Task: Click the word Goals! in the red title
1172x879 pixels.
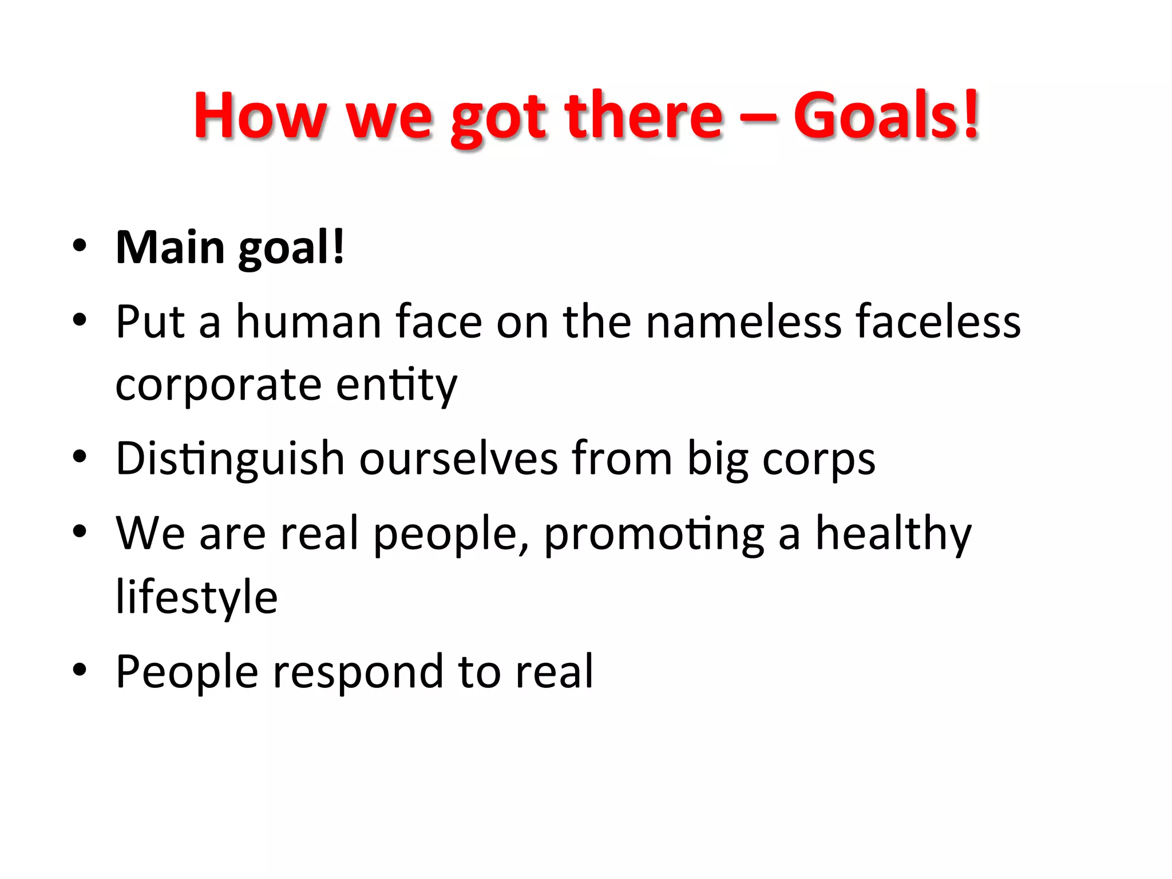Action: pyautogui.click(x=886, y=116)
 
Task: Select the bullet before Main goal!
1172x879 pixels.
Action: pyautogui.click(x=80, y=246)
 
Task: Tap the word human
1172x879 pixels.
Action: pyautogui.click(x=310, y=322)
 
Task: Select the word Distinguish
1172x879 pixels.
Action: pyautogui.click(x=230, y=460)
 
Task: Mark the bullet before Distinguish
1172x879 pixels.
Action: pyautogui.click(x=80, y=457)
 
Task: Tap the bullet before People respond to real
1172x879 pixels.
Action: pyautogui.click(x=80, y=670)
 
